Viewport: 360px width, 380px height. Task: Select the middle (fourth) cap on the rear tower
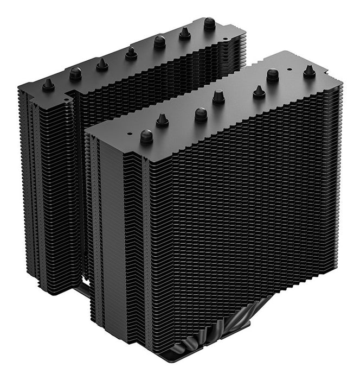(x=131, y=53)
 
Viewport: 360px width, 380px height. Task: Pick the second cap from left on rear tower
(x=75, y=74)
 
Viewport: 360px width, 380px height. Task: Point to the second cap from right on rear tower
(x=185, y=33)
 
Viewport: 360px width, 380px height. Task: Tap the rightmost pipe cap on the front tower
(x=310, y=71)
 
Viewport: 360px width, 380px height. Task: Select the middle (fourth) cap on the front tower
(x=218, y=97)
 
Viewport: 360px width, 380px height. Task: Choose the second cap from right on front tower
(x=273, y=74)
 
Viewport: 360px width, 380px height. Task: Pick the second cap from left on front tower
(x=162, y=120)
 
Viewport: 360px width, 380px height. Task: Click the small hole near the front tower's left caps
(x=130, y=131)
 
